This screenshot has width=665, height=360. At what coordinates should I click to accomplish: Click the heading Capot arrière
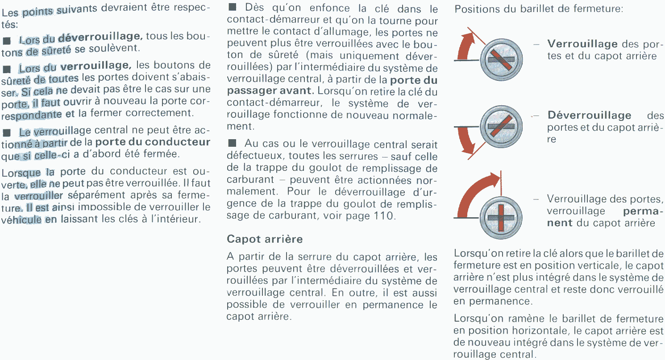265,239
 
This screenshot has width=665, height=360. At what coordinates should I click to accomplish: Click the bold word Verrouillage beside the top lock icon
582,44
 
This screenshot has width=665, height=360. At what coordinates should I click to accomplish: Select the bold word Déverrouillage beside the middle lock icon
589,115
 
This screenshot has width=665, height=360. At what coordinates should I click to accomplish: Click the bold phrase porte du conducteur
153,142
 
